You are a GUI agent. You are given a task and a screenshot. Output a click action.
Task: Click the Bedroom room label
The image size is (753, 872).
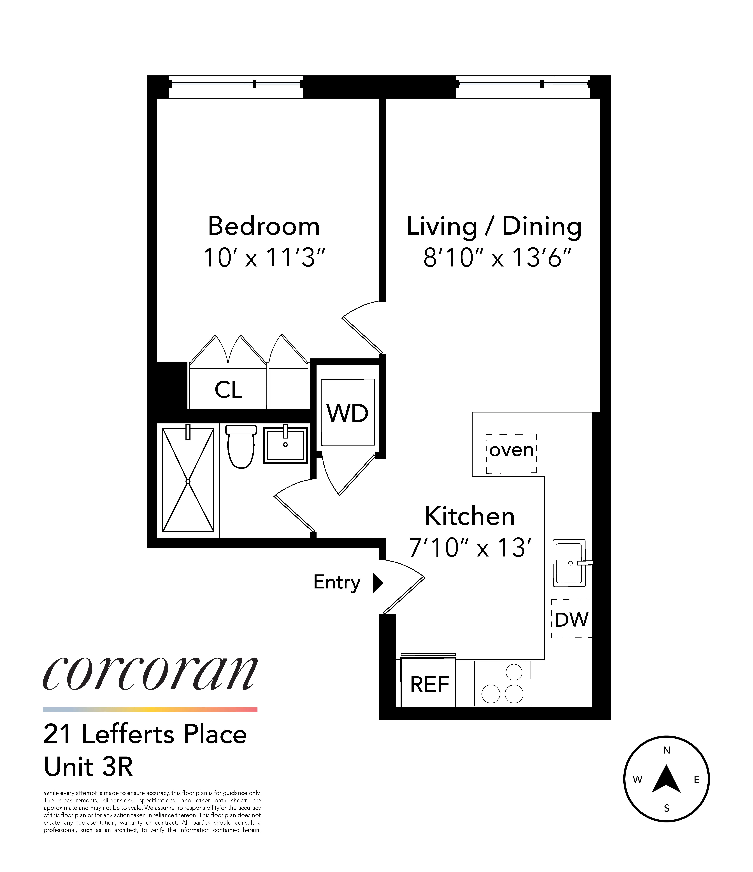pyautogui.click(x=264, y=226)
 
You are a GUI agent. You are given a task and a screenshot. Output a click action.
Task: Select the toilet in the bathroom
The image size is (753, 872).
pyautogui.click(x=241, y=447)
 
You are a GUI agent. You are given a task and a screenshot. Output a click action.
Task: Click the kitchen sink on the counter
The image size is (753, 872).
pyautogui.click(x=569, y=563)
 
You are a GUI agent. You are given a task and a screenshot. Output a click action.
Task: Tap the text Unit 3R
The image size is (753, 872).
pyautogui.click(x=88, y=767)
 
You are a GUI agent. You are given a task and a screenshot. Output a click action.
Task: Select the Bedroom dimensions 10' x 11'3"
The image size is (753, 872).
pyautogui.click(x=264, y=258)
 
